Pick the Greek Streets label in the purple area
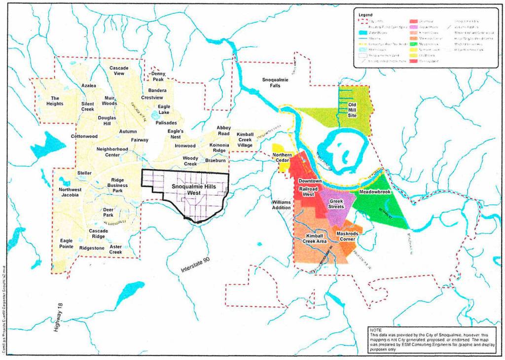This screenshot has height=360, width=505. pyautogui.click(x=336, y=203)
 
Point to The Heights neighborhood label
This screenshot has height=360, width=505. pyautogui.click(x=55, y=101)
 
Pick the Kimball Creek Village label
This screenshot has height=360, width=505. pyautogui.click(x=245, y=140)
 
